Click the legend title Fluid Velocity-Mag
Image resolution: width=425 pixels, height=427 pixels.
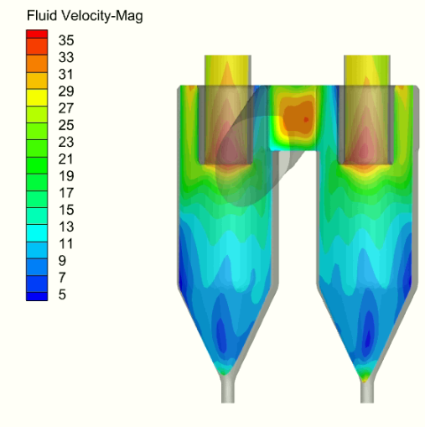coord(85,16)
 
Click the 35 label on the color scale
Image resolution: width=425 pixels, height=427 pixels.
coord(66,40)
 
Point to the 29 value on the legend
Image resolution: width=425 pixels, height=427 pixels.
coord(66,91)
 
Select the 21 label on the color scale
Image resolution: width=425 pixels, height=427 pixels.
coord(66,159)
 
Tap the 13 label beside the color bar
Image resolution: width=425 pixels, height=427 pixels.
coord(66,227)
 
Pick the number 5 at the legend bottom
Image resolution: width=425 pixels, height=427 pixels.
coord(62,294)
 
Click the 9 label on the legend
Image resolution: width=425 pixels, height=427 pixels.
coord(62,261)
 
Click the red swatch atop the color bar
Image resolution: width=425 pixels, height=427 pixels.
coord(37,34)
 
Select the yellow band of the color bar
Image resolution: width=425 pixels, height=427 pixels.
coord(37,97)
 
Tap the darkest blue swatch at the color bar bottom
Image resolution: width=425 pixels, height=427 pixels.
coord(37,297)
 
